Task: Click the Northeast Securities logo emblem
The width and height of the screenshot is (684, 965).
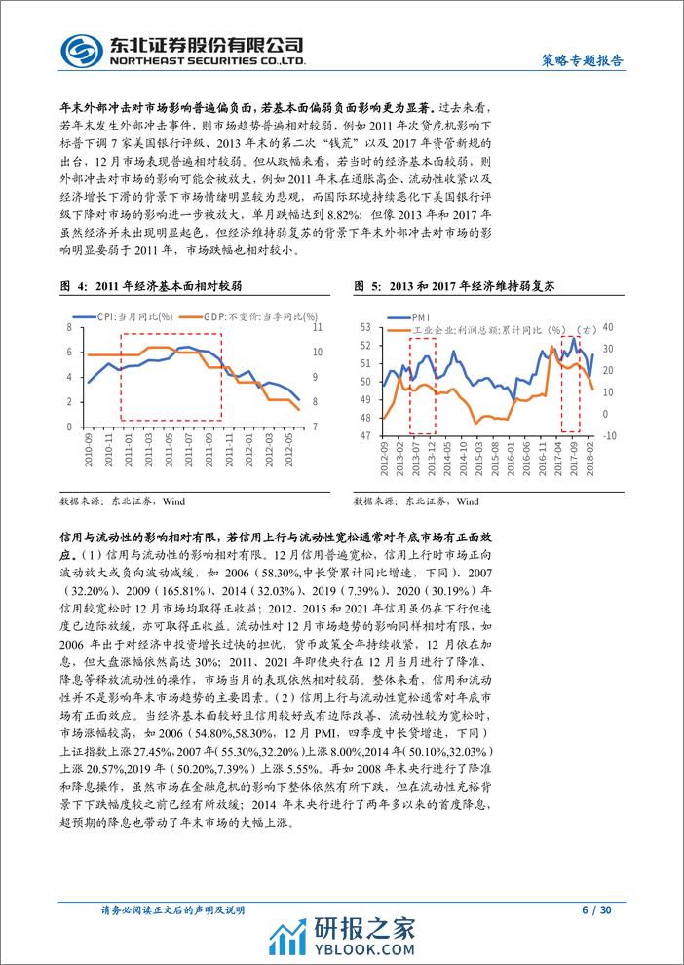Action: [x=79, y=48]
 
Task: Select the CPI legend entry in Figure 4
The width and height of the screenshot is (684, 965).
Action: [x=119, y=316]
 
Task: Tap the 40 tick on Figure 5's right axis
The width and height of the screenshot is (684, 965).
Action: [x=612, y=327]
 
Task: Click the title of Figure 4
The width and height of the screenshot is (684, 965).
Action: [x=151, y=287]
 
